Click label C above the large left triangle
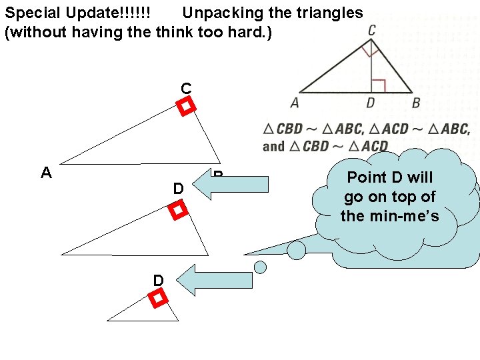point(186,88)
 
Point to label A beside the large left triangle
point(46,173)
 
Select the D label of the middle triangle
point(178,189)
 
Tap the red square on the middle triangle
point(177,211)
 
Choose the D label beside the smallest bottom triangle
point(158,281)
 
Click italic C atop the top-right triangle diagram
point(371,30)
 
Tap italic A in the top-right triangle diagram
point(295,103)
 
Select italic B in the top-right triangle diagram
point(416,103)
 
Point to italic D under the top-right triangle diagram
point(370,103)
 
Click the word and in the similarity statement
point(273,146)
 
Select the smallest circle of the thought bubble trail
point(261,267)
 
